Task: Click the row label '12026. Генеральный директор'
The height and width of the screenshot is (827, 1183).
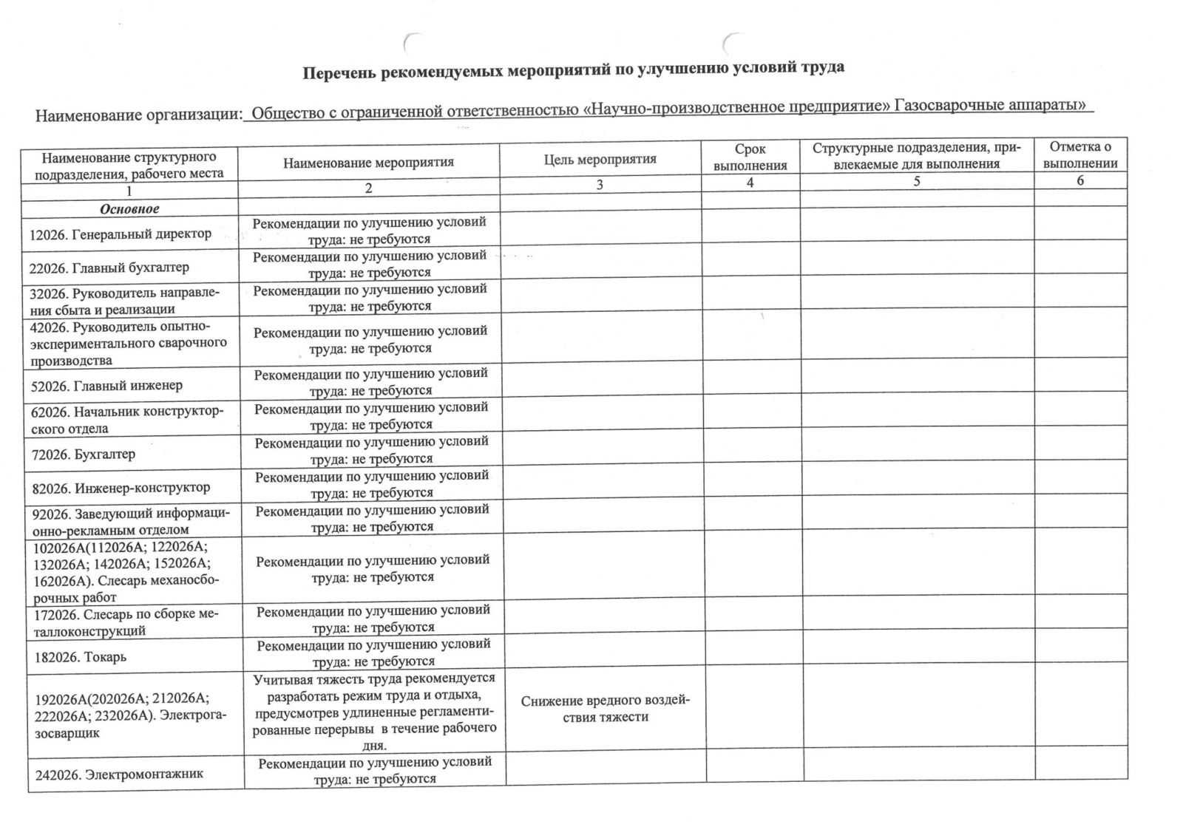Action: [120, 234]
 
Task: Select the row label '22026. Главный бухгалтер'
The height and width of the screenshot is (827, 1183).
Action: [109, 268]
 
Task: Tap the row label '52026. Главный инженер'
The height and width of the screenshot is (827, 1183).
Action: [106, 385]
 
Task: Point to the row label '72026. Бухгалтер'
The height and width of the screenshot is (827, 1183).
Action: [83, 454]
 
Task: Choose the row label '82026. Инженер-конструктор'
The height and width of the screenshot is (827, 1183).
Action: [120, 488]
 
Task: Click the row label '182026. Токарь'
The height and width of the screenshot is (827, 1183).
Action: [81, 657]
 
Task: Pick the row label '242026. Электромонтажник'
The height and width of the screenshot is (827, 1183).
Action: [119, 775]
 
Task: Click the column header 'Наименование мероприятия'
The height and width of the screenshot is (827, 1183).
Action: [368, 163]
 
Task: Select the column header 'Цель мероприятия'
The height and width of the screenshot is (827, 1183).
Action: [600, 160]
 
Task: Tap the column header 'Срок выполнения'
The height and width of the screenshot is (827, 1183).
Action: [750, 158]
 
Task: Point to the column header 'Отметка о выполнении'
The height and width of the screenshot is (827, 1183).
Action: [1079, 155]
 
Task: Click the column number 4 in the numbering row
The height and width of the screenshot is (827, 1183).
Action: [750, 182]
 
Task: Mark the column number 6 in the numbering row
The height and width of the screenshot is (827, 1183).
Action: [1079, 180]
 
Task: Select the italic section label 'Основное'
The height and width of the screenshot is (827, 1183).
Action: [129, 209]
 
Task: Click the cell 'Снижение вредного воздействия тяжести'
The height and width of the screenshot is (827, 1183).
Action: [605, 709]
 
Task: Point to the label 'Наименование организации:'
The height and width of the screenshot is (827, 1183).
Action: [139, 115]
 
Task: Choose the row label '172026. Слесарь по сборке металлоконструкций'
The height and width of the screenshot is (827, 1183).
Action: [126, 622]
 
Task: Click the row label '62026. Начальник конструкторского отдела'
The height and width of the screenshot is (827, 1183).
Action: [126, 420]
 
